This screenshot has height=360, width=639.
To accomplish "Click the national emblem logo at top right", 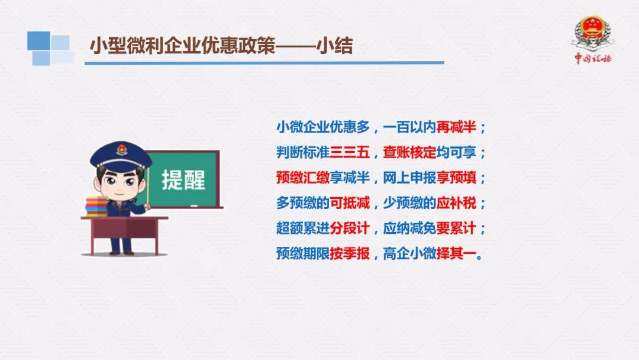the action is [x=592, y=33].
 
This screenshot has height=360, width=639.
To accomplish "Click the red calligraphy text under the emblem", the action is [x=593, y=58].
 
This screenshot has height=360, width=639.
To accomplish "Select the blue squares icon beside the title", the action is [x=50, y=48].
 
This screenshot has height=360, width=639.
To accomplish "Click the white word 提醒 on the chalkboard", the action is [x=183, y=180].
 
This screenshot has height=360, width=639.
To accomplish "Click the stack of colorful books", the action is [x=96, y=206].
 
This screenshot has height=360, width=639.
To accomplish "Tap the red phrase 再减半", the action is [x=456, y=127].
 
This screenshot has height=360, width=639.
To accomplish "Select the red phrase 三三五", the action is [x=350, y=153].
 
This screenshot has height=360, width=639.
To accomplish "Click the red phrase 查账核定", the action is [x=409, y=153].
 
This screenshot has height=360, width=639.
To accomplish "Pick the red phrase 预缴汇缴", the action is [x=303, y=178].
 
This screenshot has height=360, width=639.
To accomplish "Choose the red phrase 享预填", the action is [x=456, y=178].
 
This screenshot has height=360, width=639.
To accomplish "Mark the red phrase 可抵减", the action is [x=350, y=203].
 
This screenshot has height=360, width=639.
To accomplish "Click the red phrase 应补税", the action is [x=456, y=203].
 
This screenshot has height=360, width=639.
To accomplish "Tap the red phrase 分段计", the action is [x=350, y=229].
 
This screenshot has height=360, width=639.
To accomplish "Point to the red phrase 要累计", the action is [x=456, y=229].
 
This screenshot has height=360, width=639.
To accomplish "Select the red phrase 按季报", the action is [x=350, y=253].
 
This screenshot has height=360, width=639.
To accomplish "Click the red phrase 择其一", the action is [x=456, y=253].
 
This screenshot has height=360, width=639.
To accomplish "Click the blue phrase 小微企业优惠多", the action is [x=323, y=127].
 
